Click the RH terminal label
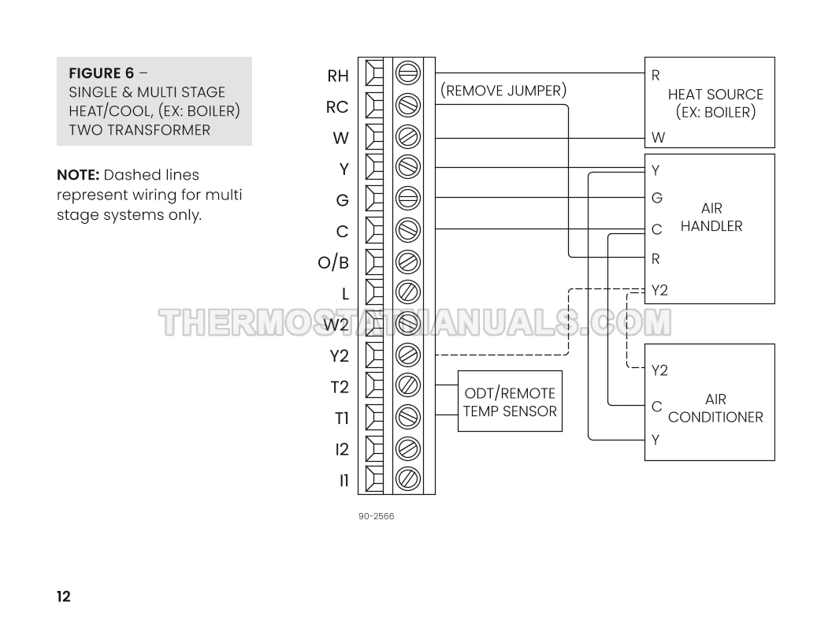338,76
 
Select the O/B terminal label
333,262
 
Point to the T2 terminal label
339,387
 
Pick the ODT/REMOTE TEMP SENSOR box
510,402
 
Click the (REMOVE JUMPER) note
503,91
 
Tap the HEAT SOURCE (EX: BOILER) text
715,103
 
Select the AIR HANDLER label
711,217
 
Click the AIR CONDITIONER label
715,409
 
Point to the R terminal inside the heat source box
656,76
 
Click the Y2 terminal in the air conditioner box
659,370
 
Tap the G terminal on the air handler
657,198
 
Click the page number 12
63,597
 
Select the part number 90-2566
376,517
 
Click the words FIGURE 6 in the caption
101,74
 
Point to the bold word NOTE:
78,175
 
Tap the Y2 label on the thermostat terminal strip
339,356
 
